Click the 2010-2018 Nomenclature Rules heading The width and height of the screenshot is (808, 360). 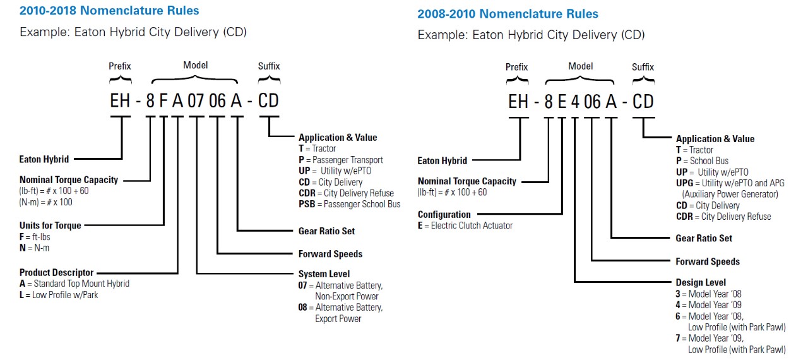coord(109,11)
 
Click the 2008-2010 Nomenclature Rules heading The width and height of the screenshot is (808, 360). coord(508,14)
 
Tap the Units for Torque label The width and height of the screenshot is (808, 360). coord(50,225)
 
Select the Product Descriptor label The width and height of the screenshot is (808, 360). coord(56,273)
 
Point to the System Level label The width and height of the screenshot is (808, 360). coord(324,274)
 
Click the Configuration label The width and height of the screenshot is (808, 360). coord(444,215)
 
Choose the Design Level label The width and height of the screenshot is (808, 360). coord(701,282)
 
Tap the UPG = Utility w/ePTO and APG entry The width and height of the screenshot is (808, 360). coord(730,183)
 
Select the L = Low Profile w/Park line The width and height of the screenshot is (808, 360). coord(59,295)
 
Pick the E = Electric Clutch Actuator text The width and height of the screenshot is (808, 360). coord(465,225)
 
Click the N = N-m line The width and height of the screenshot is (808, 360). coord(34,248)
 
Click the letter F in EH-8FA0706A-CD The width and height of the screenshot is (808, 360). coord(163,101)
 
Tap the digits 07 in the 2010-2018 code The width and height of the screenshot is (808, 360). coord(197,101)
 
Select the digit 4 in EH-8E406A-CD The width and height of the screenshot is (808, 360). coord(574,102)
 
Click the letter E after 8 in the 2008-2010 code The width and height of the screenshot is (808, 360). coord(561,102)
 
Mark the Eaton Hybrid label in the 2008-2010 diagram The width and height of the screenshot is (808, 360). coord(442,161)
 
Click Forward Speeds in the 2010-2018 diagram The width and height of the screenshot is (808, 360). coord(330,254)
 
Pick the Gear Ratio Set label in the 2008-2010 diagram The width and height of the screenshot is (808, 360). coord(704,238)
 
